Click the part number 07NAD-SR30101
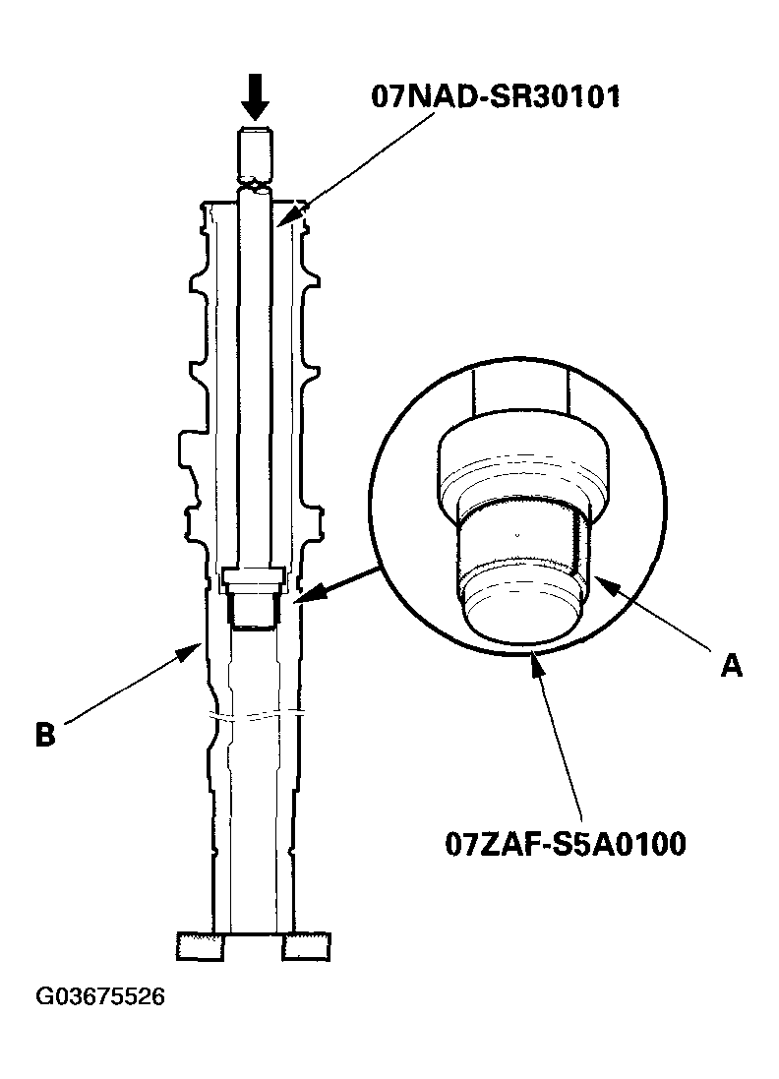coord(495,97)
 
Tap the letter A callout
coord(731,666)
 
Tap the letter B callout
coord(45,734)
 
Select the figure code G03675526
coord(100,997)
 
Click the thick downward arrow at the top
coord(255,98)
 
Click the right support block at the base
coord(306,945)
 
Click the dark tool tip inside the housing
coord(255,607)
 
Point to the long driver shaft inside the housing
coord(255,374)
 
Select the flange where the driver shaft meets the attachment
coord(255,576)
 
